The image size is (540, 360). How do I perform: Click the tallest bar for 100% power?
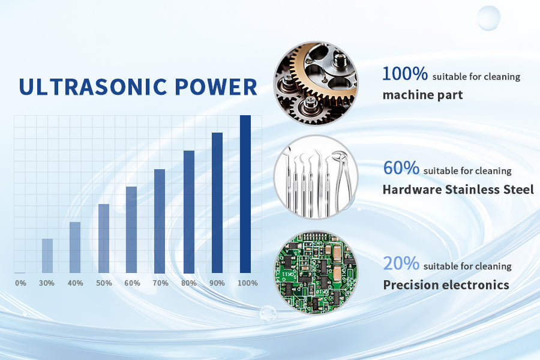pyautogui.click(x=245, y=194)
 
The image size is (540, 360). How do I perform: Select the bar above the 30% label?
pyautogui.click(x=47, y=256)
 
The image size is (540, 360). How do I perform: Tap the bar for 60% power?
pyautogui.click(x=131, y=229)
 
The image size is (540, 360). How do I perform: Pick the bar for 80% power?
pyautogui.click(x=189, y=212)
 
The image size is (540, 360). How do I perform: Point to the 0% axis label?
pyautogui.click(x=20, y=283)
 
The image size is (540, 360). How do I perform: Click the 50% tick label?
pyautogui.click(x=104, y=283)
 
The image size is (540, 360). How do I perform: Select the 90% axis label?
pyautogui.click(x=217, y=283)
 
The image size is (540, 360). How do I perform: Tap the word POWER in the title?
pyautogui.click(x=216, y=87)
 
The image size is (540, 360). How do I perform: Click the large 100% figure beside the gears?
pyautogui.click(x=405, y=73)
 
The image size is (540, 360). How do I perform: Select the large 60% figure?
pyautogui.click(x=401, y=168)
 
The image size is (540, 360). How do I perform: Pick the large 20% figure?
pyautogui.click(x=401, y=263)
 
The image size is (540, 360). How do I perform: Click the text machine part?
pyautogui.click(x=422, y=95)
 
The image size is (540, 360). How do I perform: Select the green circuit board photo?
pyautogui.click(x=316, y=272)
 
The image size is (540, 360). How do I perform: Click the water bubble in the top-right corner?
pyautogui.click(x=488, y=17)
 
